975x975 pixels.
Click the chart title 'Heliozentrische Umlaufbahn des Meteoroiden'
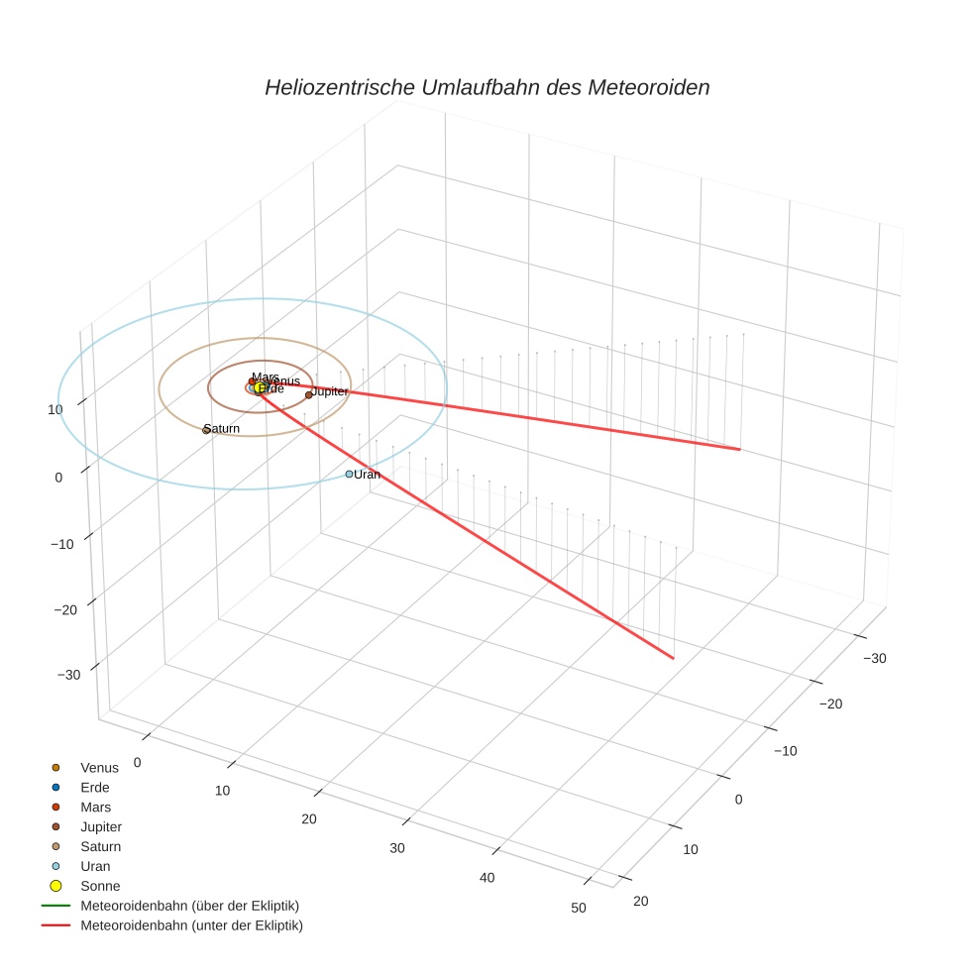pyautogui.click(x=487, y=87)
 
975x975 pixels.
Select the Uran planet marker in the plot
pyautogui.click(x=349, y=475)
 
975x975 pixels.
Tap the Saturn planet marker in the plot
pyautogui.click(x=206, y=430)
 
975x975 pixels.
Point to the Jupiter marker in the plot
pyautogui.click(x=308, y=394)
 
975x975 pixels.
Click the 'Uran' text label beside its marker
pyautogui.click(x=368, y=475)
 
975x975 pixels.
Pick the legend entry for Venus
pyautogui.click(x=99, y=768)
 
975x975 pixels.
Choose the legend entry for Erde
pyautogui.click(x=95, y=788)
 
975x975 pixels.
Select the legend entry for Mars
pyautogui.click(x=95, y=808)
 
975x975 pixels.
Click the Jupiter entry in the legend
pyautogui.click(x=101, y=827)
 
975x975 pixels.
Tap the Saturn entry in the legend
pyautogui.click(x=100, y=847)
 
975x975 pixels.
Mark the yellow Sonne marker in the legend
pyautogui.click(x=55, y=886)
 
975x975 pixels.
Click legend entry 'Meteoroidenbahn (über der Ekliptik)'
pyautogui.click(x=189, y=906)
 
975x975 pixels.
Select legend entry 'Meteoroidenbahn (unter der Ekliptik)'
pyautogui.click(x=191, y=925)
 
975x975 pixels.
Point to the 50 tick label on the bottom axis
pyautogui.click(x=579, y=909)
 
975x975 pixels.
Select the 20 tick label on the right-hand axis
pyautogui.click(x=639, y=900)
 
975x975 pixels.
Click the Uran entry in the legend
pyautogui.click(x=94, y=867)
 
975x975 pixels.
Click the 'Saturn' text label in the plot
pyautogui.click(x=223, y=429)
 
